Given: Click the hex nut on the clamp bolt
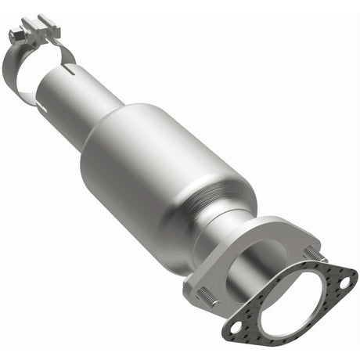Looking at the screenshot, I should point(16,34).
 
